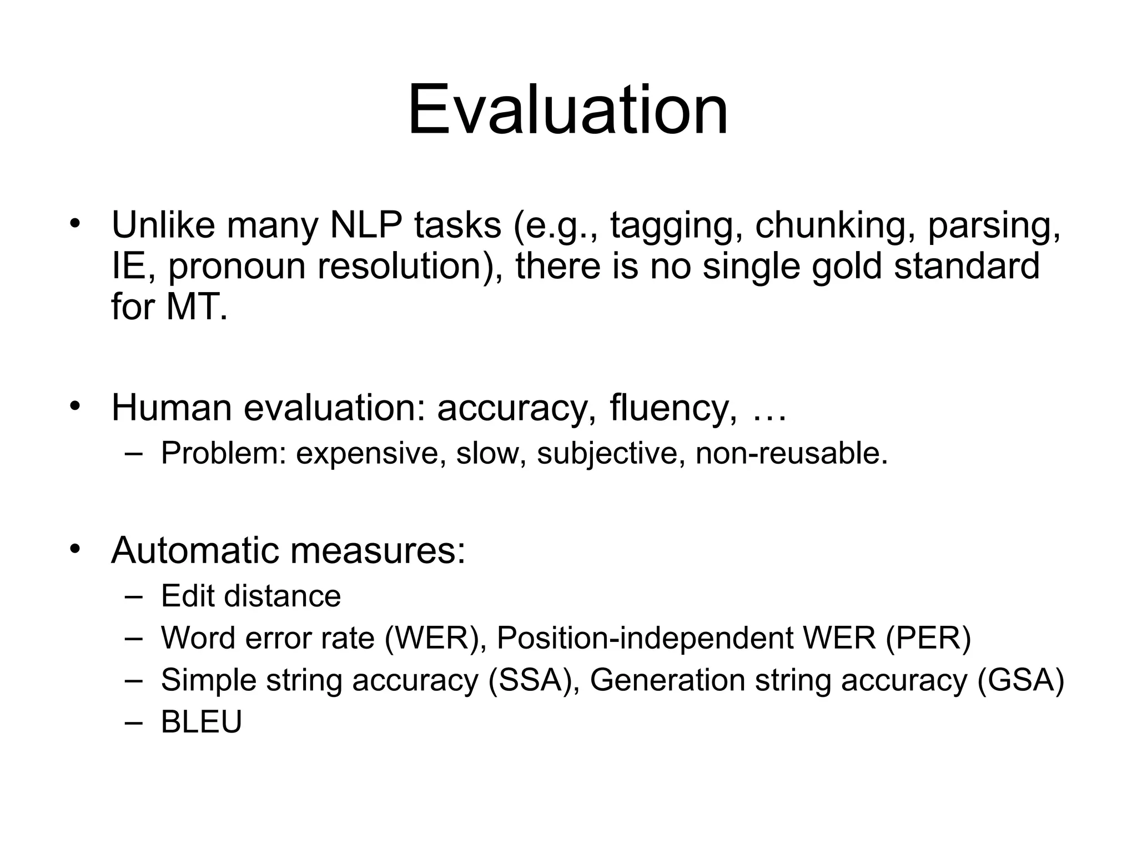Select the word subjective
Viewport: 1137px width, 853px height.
[607, 453]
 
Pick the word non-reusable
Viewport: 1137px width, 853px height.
[791, 453]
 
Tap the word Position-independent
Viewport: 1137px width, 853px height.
[645, 638]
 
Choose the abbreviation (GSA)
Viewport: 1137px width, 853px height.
[1020, 680]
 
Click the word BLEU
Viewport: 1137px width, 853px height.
[202, 722]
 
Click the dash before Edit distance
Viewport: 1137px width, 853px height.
[134, 596]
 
